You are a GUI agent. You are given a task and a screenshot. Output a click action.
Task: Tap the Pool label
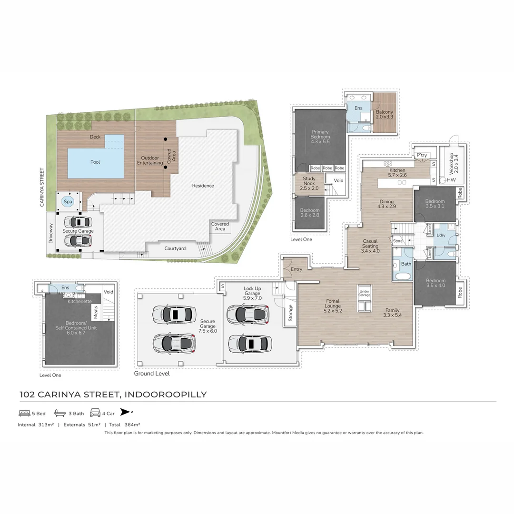coord(95,162)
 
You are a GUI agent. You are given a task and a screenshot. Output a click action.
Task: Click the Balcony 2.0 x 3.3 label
coord(385,114)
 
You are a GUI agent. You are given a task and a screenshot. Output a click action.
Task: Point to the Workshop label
coord(451,161)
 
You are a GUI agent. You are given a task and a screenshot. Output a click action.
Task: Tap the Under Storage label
coord(365,293)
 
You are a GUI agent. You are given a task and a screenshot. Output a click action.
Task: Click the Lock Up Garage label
coord(252,291)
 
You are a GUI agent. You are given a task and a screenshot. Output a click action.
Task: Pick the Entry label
coord(297,269)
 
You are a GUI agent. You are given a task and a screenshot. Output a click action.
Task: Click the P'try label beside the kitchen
coord(421,156)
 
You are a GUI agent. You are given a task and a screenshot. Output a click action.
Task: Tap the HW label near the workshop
coord(451,180)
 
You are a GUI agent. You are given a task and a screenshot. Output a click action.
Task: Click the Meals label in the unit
coord(95,313)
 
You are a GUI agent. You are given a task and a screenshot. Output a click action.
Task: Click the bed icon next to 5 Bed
coord(24,413)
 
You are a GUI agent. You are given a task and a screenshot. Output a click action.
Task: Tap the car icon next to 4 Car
coord(95,413)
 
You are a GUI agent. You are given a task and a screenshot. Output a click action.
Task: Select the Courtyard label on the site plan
coord(175,248)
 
